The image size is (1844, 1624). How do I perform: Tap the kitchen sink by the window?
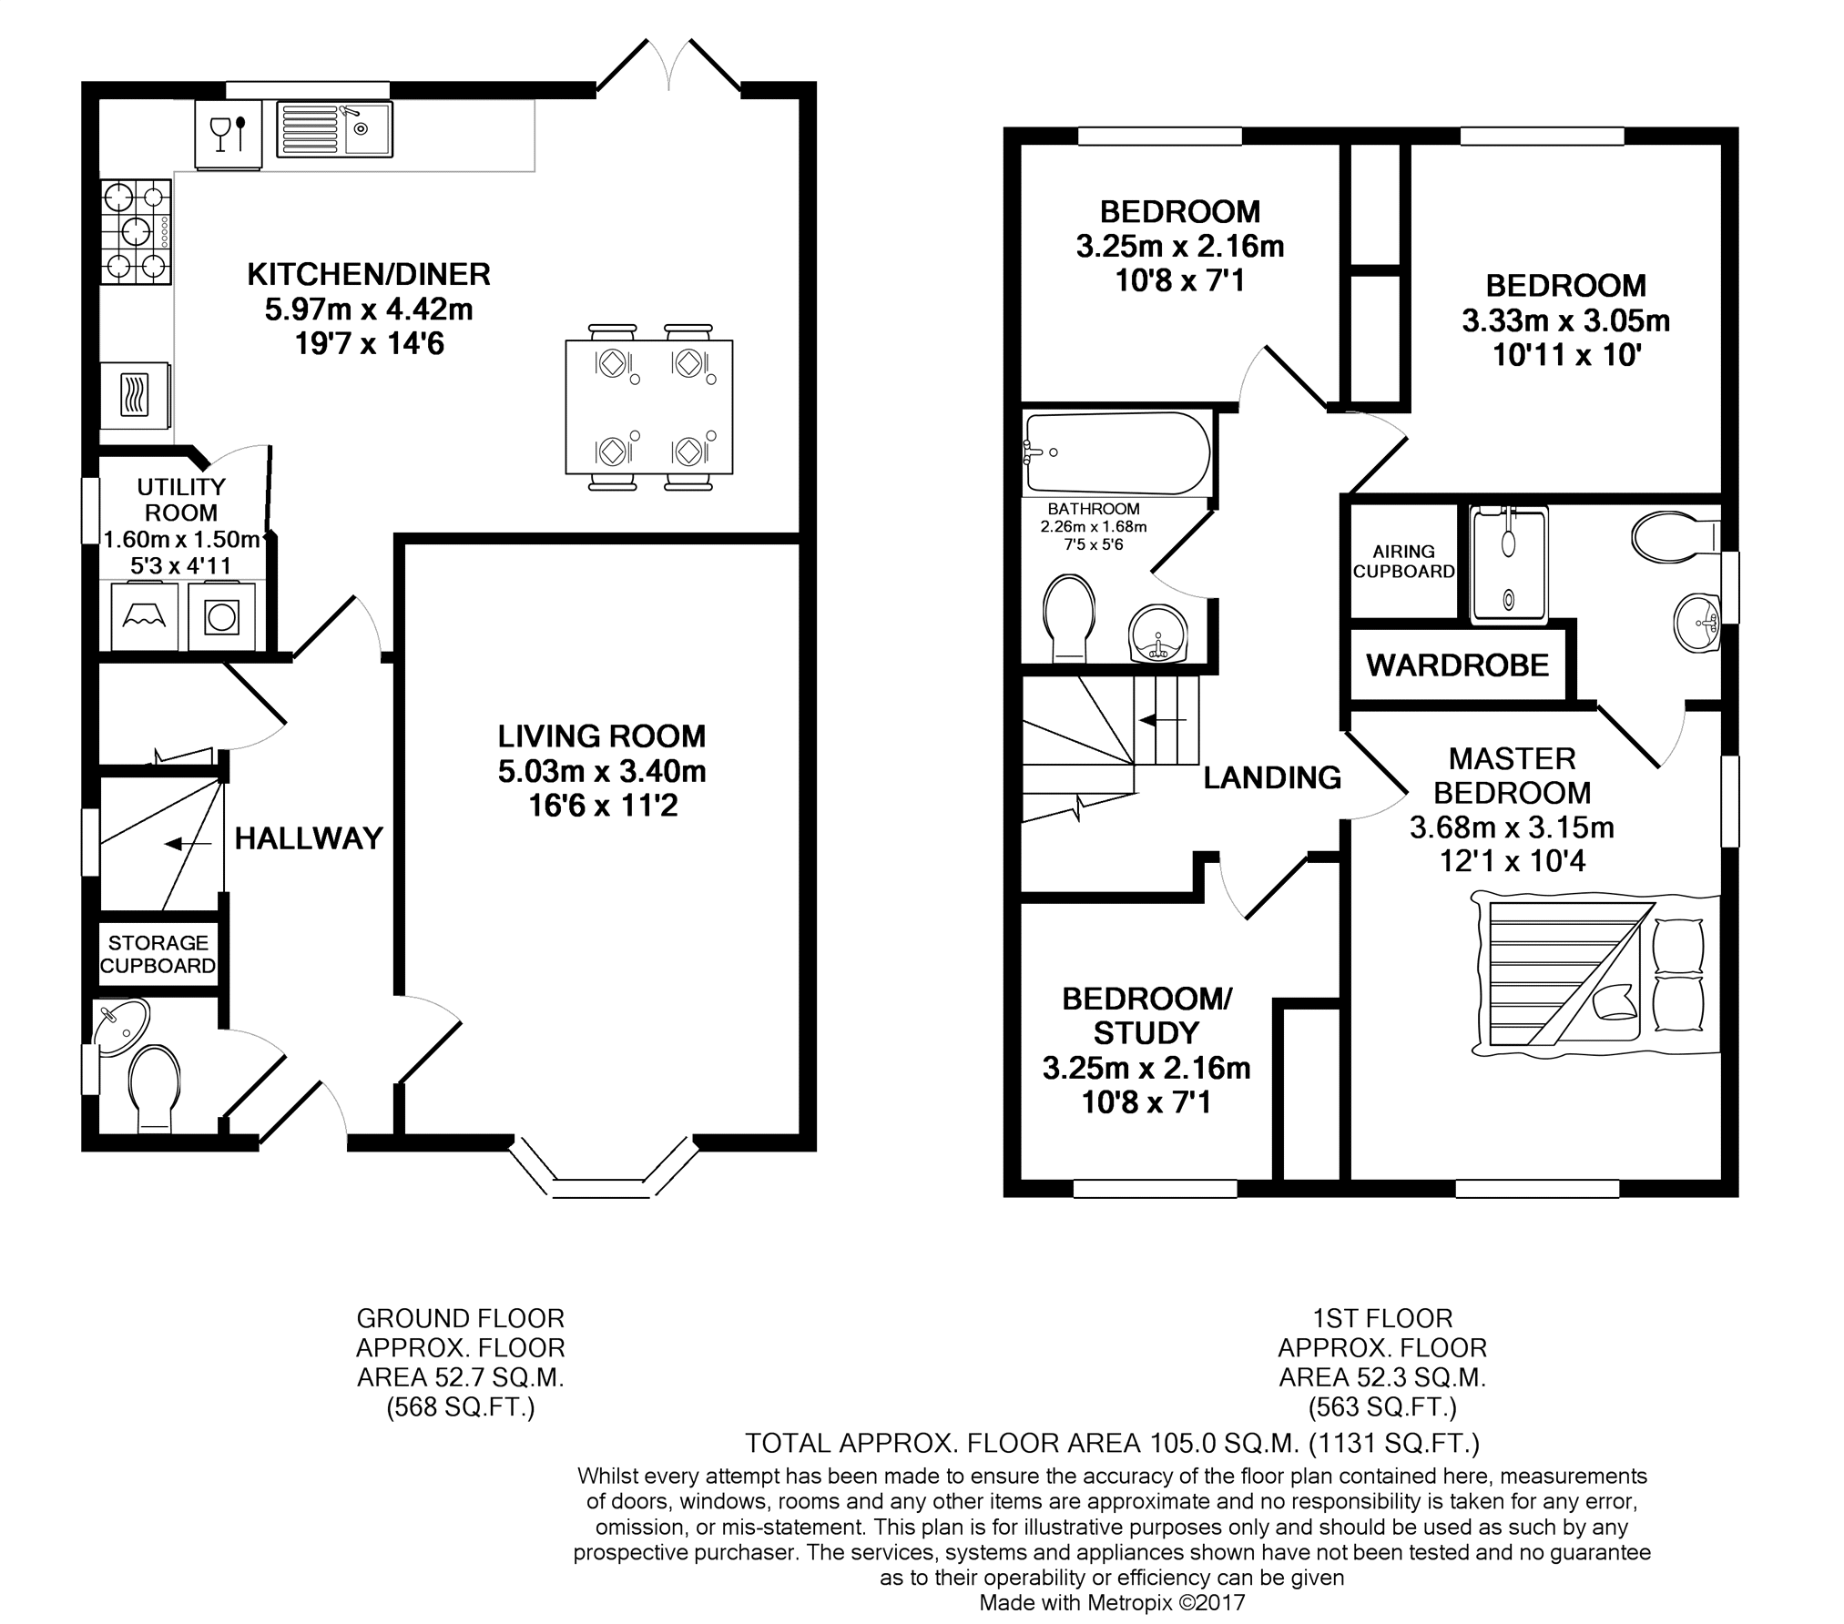pyautogui.click(x=334, y=129)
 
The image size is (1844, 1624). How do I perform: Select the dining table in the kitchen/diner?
pyautogui.click(x=649, y=407)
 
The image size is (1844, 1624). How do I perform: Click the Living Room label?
pyautogui.click(x=602, y=736)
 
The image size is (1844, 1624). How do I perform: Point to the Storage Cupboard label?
pyautogui.click(x=158, y=954)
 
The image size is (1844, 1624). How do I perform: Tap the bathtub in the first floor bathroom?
pyautogui.click(x=1117, y=452)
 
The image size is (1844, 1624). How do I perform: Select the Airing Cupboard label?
pyautogui.click(x=1403, y=562)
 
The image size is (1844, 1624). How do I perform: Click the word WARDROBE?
pyautogui.click(x=1458, y=665)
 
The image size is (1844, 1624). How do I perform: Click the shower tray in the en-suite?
pyautogui.click(x=1509, y=564)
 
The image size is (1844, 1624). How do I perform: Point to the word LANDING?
pyautogui.click(x=1272, y=777)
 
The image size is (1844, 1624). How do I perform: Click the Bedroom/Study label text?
pyautogui.click(x=1146, y=1016)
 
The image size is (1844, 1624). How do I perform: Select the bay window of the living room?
pyautogui.click(x=603, y=1168)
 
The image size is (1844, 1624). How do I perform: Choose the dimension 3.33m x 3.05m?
pyautogui.click(x=1566, y=320)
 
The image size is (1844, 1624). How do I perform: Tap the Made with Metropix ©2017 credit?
pyautogui.click(x=1112, y=1602)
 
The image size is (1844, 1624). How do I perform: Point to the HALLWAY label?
pyautogui.click(x=309, y=838)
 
